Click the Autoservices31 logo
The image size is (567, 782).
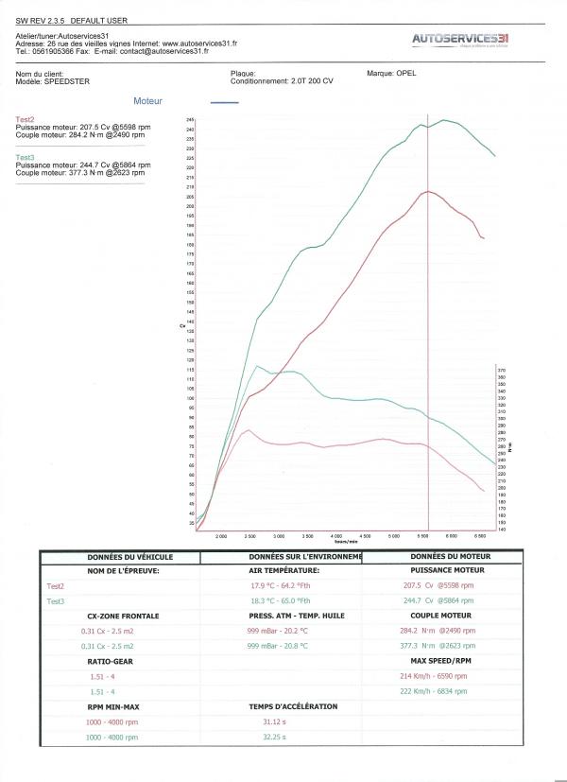pos(460,39)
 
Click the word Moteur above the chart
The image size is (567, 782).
pos(147,100)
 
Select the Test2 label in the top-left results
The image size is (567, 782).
pos(26,119)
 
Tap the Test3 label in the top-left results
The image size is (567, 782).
pos(26,156)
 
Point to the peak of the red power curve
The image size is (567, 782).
pos(429,191)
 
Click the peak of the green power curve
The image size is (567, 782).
pos(444,120)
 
